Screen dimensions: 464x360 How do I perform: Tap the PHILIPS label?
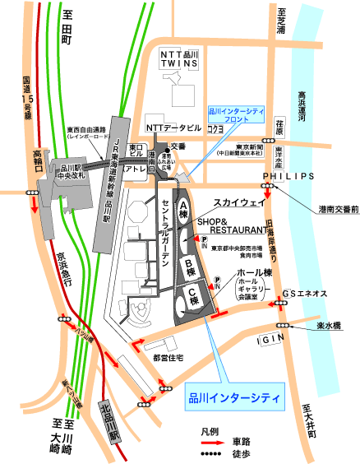[288, 176]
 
